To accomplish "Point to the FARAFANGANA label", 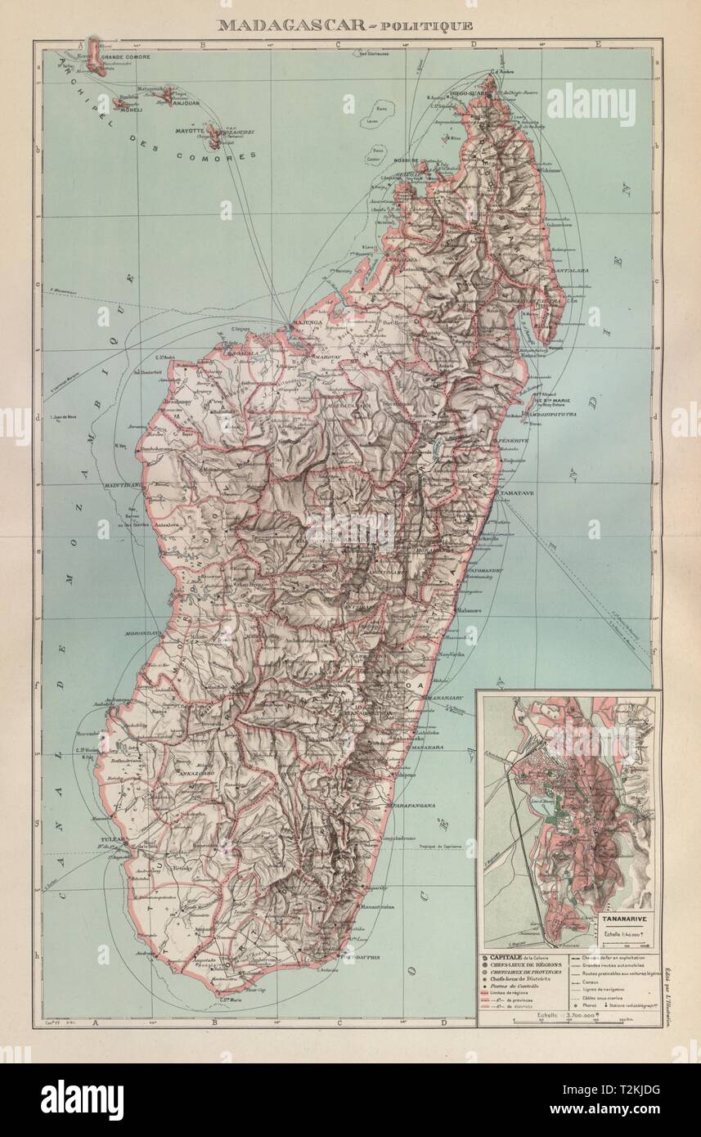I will click(411, 806).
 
